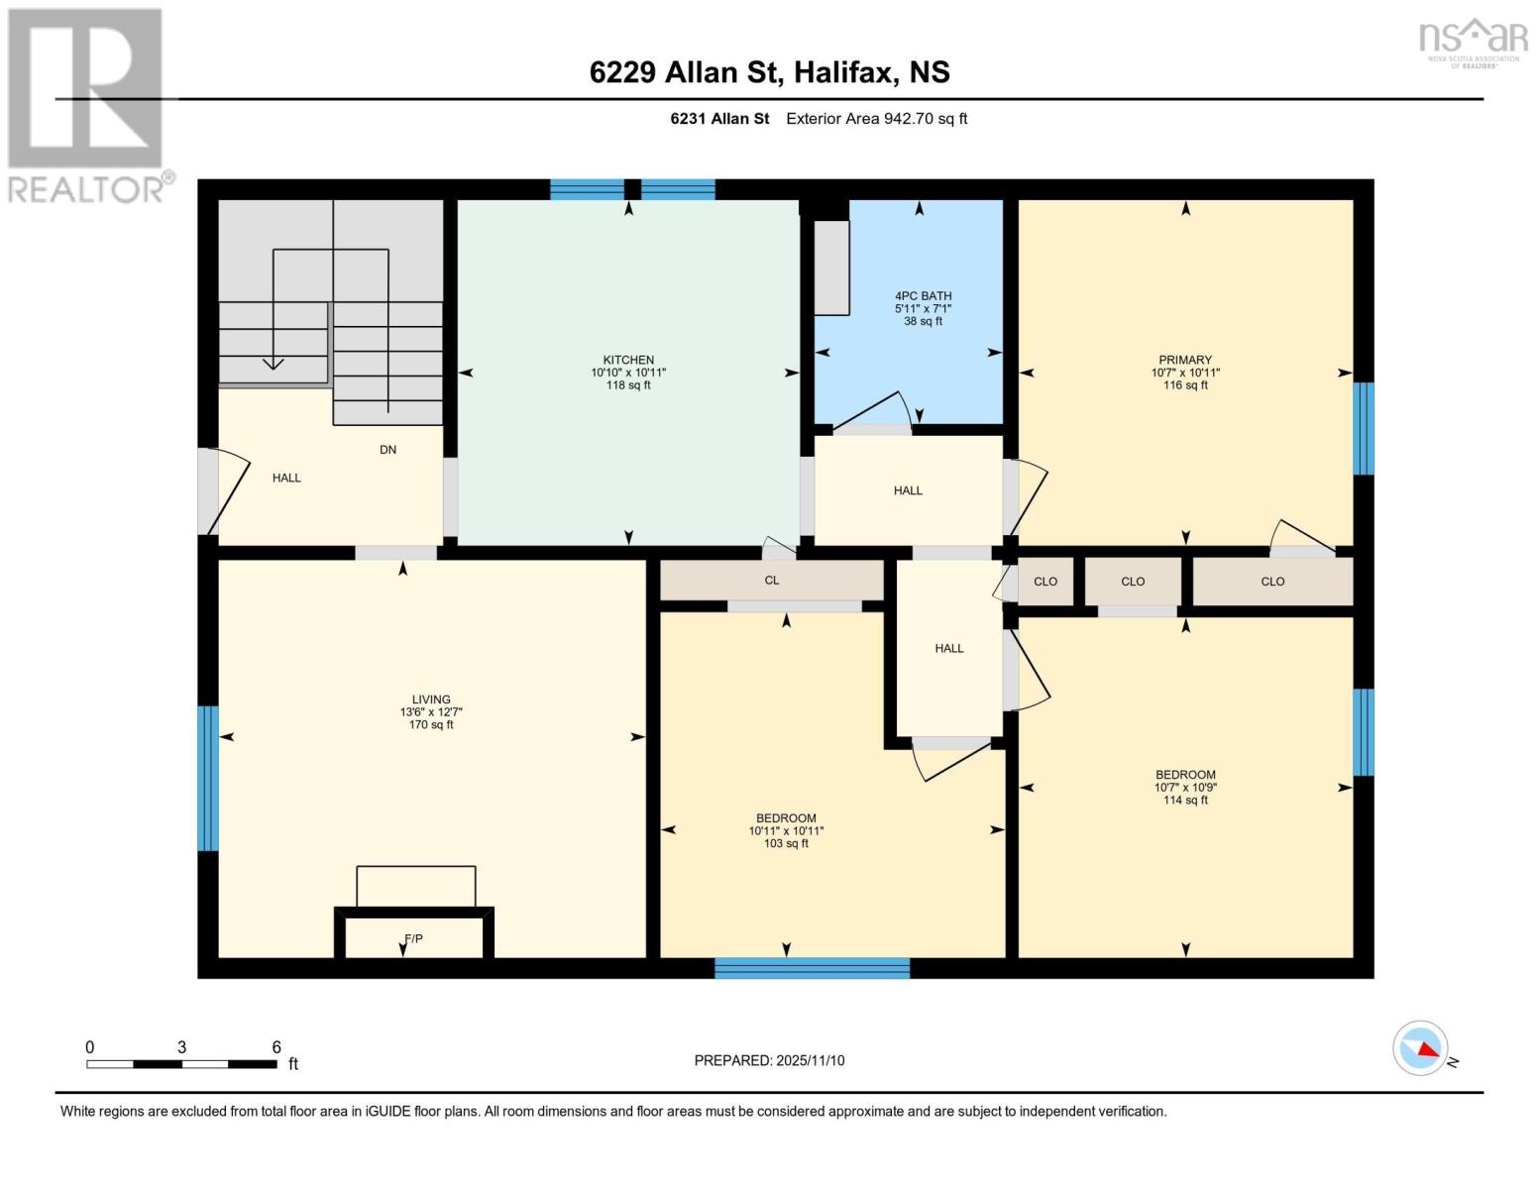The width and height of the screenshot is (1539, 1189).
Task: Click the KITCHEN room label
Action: pyautogui.click(x=628, y=360)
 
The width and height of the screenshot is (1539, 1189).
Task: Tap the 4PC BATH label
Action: pyautogui.click(x=923, y=295)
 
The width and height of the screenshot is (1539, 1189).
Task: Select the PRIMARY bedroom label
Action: pyautogui.click(x=1185, y=360)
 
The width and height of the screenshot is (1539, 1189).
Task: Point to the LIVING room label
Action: pyautogui.click(x=431, y=699)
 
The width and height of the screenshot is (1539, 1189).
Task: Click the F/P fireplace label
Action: pyautogui.click(x=413, y=938)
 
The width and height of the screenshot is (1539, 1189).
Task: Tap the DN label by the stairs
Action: pyautogui.click(x=387, y=449)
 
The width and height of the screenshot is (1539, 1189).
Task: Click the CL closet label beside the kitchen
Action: pyautogui.click(x=771, y=580)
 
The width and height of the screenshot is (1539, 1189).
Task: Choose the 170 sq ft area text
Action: pyautogui.click(x=431, y=724)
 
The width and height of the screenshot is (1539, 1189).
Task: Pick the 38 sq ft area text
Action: pyautogui.click(x=923, y=321)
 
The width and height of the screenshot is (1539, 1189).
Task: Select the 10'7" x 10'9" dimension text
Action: pyautogui.click(x=1185, y=788)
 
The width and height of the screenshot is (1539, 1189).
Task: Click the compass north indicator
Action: pyautogui.click(x=1421, y=1048)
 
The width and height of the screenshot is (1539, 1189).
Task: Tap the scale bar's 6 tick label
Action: pyautogui.click(x=276, y=1046)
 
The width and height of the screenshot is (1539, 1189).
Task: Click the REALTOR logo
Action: pyautogui.click(x=87, y=104)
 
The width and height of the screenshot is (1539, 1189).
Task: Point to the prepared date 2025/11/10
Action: pyautogui.click(x=769, y=1060)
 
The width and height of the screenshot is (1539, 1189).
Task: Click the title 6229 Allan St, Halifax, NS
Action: pyautogui.click(x=769, y=72)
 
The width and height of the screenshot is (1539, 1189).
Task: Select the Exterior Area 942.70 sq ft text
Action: pyautogui.click(x=876, y=119)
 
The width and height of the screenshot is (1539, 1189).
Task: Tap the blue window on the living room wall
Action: pyautogui.click(x=207, y=778)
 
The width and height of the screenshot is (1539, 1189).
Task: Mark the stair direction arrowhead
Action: pyautogui.click(x=273, y=364)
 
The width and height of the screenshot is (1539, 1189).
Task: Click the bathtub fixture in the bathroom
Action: pyautogui.click(x=831, y=268)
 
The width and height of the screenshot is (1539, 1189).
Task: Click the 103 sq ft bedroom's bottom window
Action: pyautogui.click(x=812, y=968)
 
